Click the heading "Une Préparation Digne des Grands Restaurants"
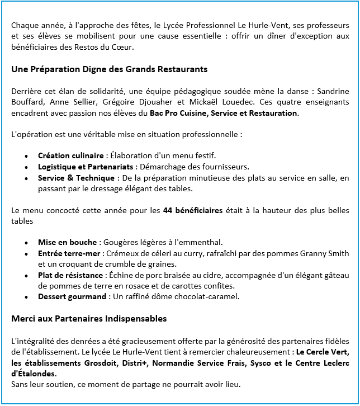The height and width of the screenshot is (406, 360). point(110,69)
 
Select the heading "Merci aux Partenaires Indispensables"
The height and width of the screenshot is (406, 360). point(89,319)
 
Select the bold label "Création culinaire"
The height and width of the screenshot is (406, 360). point(70,155)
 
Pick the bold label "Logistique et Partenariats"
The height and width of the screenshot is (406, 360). point(86,167)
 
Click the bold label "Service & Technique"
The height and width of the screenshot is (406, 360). point(77,178)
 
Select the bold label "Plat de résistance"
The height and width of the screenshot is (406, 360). point(70,275)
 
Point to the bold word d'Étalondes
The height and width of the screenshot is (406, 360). point(34,374)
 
